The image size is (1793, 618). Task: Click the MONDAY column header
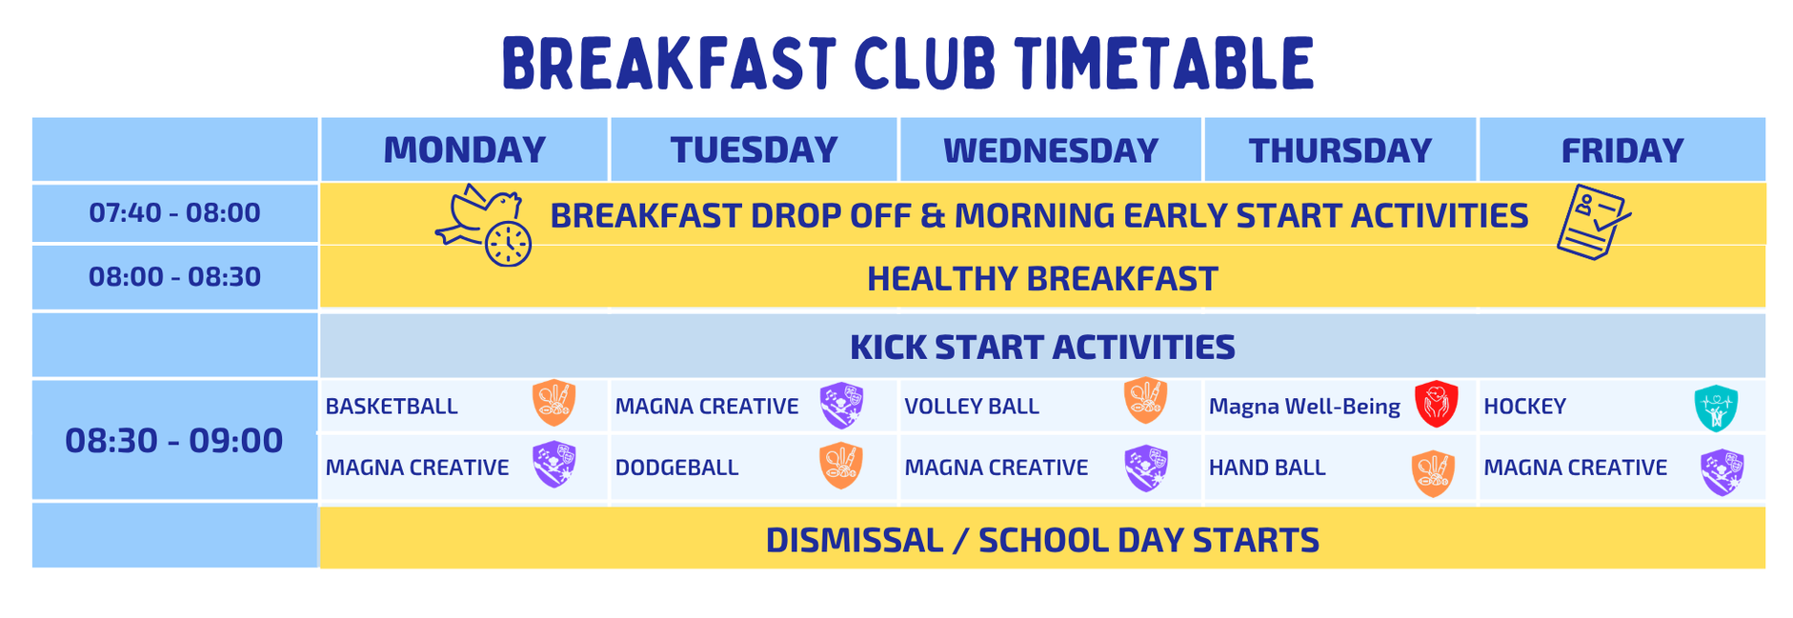(x=464, y=150)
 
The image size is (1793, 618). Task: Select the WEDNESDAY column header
(x=1050, y=150)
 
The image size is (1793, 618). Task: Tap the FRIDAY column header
(x=1622, y=150)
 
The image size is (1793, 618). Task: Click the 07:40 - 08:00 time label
(x=174, y=212)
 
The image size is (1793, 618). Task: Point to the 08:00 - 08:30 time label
(x=174, y=276)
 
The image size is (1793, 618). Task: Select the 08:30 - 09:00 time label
(x=173, y=440)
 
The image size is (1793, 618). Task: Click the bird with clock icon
(x=484, y=226)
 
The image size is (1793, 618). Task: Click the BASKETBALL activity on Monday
(x=392, y=407)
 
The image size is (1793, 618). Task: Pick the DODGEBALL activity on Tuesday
(x=676, y=468)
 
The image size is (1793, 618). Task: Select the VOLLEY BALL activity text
(x=972, y=407)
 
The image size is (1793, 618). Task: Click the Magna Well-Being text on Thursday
(x=1304, y=407)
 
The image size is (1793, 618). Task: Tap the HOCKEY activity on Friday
(x=1524, y=407)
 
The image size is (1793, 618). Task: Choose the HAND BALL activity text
(x=1267, y=468)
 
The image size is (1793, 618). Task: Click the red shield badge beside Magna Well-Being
(x=1436, y=404)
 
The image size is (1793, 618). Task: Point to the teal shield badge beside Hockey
(x=1716, y=409)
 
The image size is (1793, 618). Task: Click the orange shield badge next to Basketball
(x=554, y=402)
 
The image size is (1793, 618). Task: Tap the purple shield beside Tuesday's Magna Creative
(x=842, y=406)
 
